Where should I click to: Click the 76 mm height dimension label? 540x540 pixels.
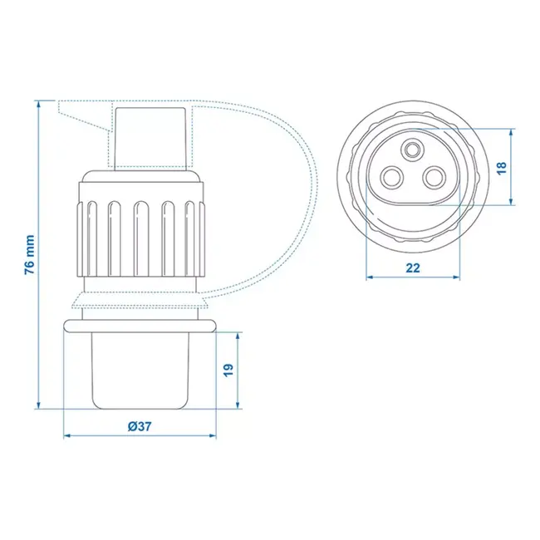point(30,254)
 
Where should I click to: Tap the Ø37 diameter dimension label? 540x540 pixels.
point(139,426)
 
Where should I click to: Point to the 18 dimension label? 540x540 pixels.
point(500,167)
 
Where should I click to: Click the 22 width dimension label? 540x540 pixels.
point(414,268)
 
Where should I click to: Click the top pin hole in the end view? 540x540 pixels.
point(413,150)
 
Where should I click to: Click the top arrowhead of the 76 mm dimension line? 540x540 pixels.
point(38,104)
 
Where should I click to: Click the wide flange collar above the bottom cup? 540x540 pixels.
point(140,321)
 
